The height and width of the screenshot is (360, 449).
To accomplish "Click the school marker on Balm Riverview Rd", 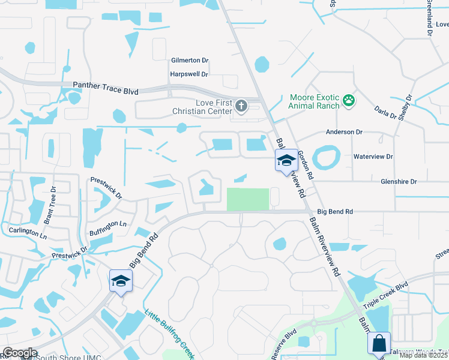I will (x=286, y=161).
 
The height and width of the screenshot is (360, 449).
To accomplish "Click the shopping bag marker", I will (x=379, y=344).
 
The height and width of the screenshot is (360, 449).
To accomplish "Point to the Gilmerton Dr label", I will (x=189, y=61).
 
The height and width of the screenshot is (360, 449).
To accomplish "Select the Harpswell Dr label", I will (x=188, y=74).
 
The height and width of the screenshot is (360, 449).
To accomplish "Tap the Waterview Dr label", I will (x=373, y=157).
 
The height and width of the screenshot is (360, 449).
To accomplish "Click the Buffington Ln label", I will (x=107, y=224).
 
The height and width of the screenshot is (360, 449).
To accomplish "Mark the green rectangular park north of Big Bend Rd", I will (x=247, y=199).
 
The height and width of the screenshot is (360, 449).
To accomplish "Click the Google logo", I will (x=20, y=353).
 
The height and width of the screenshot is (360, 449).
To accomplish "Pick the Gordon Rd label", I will (x=306, y=166).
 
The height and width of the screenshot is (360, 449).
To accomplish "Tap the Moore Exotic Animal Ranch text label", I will (x=314, y=101).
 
